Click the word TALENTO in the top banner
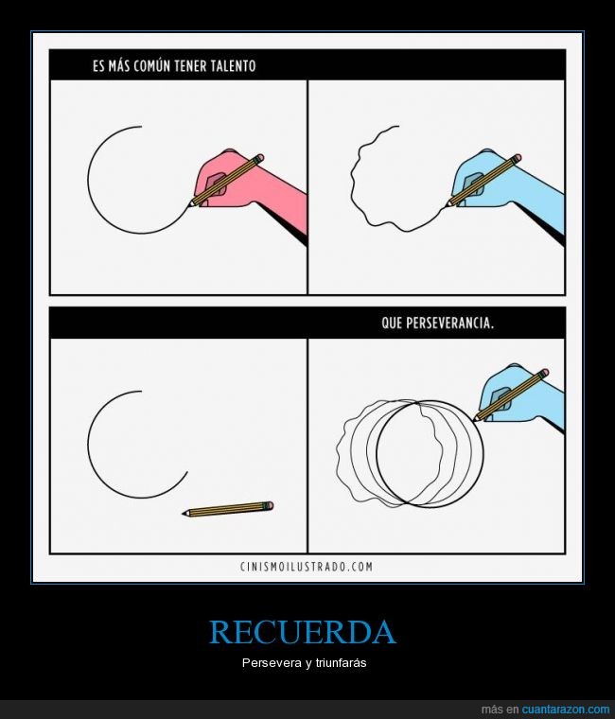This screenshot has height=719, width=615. point(233,66)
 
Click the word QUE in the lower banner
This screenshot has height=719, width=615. point(392,324)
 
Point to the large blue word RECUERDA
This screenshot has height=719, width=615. point(302,632)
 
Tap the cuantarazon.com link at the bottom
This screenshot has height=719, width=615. point(566,709)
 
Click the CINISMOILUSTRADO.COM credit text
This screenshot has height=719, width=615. point(307,567)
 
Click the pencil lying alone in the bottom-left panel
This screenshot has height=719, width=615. point(228,509)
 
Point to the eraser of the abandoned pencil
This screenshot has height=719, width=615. point(270,505)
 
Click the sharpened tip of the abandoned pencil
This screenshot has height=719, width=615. point(184,513)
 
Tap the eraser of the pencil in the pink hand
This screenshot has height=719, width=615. point(259,158)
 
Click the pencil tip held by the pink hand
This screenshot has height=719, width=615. point(189,204)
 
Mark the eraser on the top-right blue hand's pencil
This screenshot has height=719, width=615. point(518,158)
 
